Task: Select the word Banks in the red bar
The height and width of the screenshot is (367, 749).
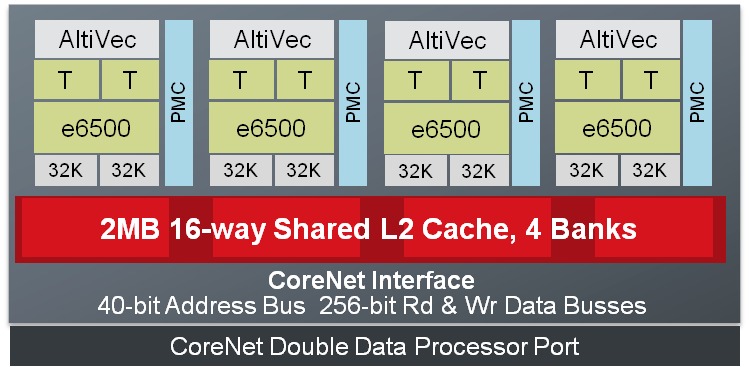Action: (593, 229)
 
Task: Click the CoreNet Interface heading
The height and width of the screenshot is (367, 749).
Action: (372, 279)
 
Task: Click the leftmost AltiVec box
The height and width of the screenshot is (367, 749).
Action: (97, 39)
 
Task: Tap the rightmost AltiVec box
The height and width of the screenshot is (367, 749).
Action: (618, 40)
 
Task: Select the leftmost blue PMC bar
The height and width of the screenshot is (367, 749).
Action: (178, 102)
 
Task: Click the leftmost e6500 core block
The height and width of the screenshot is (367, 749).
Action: (97, 129)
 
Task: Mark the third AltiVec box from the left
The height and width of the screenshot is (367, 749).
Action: (447, 41)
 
